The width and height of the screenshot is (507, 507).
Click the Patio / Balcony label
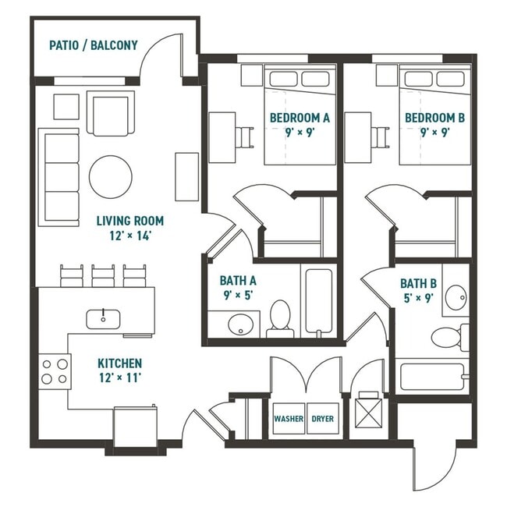click(93, 45)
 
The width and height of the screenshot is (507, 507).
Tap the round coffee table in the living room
click(111, 177)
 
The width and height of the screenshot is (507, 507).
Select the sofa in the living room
click(59, 177)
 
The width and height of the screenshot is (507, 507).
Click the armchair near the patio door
click(108, 114)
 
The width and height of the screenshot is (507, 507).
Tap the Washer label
click(288, 419)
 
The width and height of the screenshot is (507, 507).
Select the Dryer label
click(322, 419)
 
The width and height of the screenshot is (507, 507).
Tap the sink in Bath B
click(455, 296)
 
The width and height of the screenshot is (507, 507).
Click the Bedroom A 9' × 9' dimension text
click(300, 132)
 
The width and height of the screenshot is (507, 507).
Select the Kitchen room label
click(119, 363)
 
